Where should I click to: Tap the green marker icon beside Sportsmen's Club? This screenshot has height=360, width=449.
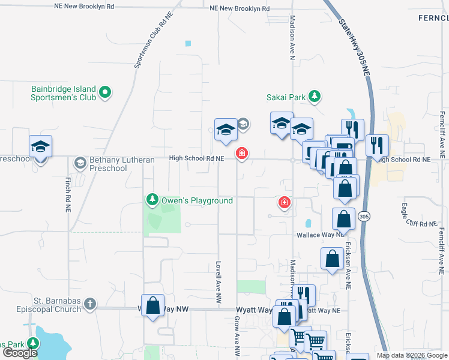(x=105, y=92)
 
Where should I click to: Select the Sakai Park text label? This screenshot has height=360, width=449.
(x=286, y=97)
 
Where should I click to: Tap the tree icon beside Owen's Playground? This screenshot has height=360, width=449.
(x=152, y=199)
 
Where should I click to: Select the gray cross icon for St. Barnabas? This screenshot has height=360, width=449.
(x=91, y=304)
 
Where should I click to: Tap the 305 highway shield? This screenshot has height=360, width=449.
(x=363, y=216)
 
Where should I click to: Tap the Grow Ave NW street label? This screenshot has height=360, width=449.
(x=237, y=340)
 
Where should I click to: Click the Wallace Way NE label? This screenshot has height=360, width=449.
(x=319, y=235)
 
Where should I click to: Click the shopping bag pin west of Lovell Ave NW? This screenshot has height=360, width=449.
(x=152, y=305)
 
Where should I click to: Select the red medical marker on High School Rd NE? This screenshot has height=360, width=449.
(x=242, y=154)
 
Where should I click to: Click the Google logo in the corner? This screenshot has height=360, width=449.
(x=20, y=353)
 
